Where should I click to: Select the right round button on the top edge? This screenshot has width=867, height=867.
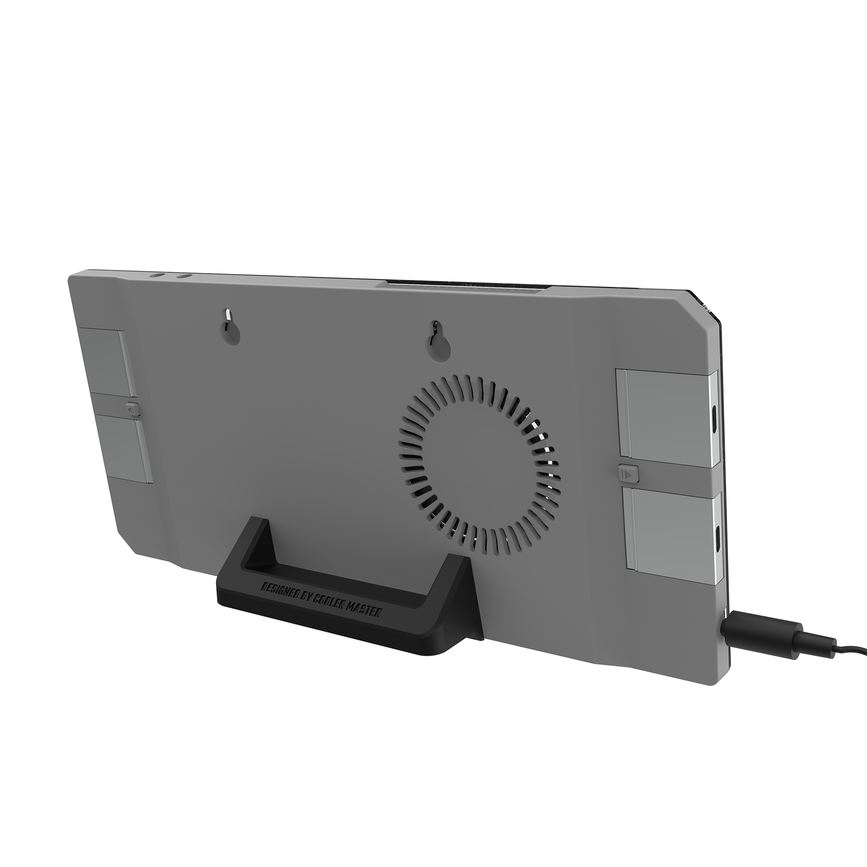[x=183, y=276]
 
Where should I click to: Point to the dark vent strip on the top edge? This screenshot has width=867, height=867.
[x=467, y=285]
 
